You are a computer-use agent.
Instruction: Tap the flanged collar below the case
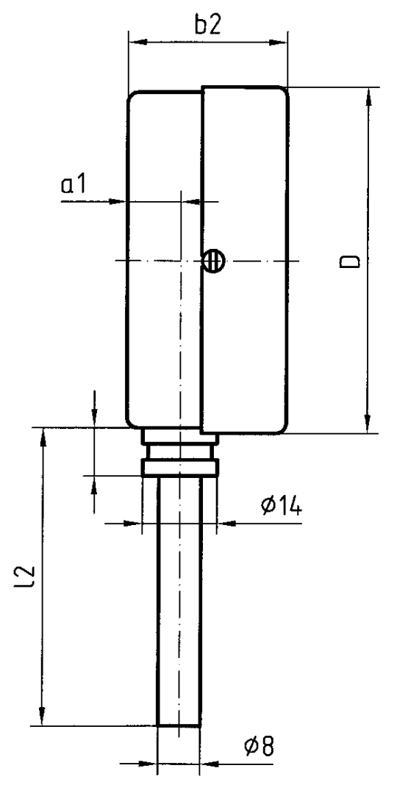click(x=180, y=466)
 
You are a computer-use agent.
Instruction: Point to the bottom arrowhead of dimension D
click(x=366, y=426)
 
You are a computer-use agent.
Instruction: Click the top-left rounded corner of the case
click(x=133, y=96)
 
